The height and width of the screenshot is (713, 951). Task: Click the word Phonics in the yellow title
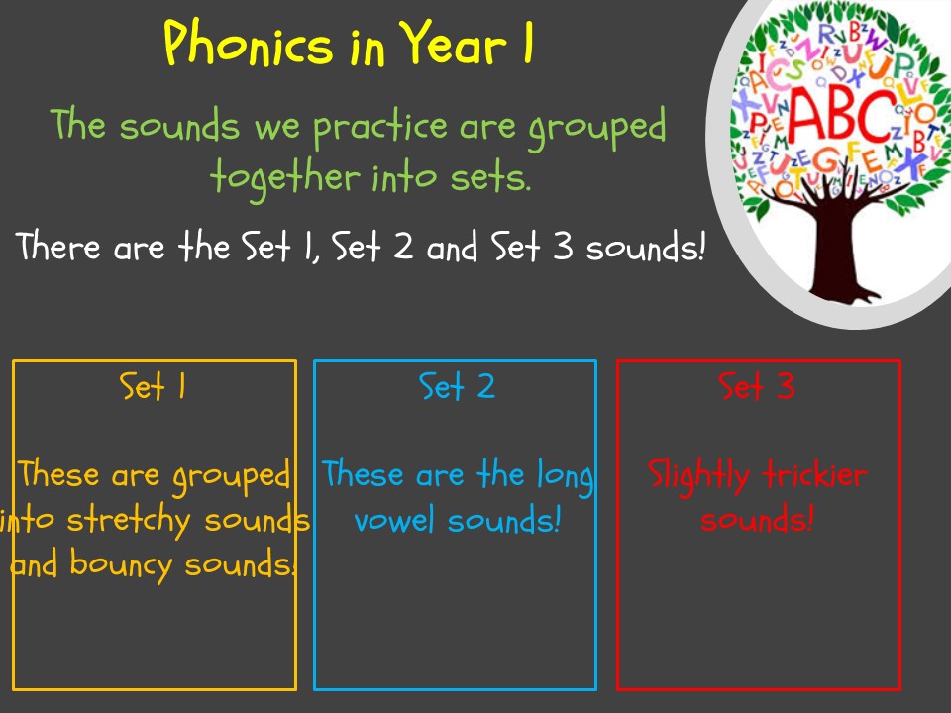tap(248, 43)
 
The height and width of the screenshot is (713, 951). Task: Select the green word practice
tap(379, 128)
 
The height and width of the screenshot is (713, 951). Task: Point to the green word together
tap(285, 178)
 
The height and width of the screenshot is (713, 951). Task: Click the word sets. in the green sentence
tap(490, 177)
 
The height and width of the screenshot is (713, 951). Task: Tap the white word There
tap(58, 246)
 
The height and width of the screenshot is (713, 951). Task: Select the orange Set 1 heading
tap(153, 386)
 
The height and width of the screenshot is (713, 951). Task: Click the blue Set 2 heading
tap(457, 386)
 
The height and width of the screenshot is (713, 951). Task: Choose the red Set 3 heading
tap(756, 386)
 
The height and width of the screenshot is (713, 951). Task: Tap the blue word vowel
tap(395, 520)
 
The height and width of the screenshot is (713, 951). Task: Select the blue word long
tap(566, 477)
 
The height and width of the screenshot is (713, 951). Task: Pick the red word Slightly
tap(698, 477)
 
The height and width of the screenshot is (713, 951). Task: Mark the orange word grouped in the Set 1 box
tap(231, 477)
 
